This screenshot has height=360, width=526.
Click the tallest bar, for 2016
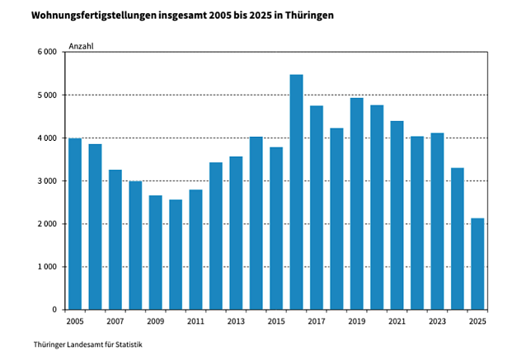(296, 192)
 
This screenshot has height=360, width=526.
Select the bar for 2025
(477, 264)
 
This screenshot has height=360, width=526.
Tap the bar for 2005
(75, 223)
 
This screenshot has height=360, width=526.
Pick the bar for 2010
(176, 255)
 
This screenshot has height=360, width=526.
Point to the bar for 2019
(357, 203)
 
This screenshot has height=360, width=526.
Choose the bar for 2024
(458, 239)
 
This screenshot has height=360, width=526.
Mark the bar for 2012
(216, 236)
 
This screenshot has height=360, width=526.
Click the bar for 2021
(397, 215)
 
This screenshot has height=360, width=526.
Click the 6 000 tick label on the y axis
(47, 52)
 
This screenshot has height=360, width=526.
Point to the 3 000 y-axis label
(47, 181)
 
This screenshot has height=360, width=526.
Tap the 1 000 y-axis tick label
(47, 267)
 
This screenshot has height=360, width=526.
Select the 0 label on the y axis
(54, 310)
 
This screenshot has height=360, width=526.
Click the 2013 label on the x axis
(236, 321)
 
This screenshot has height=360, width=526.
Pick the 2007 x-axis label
(115, 321)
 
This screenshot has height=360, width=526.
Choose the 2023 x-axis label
(437, 321)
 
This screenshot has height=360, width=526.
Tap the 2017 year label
(317, 321)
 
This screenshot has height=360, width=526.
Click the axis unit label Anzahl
(81, 46)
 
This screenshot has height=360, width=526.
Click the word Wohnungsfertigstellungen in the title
(94, 16)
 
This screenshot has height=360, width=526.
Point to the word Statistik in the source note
(129, 344)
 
